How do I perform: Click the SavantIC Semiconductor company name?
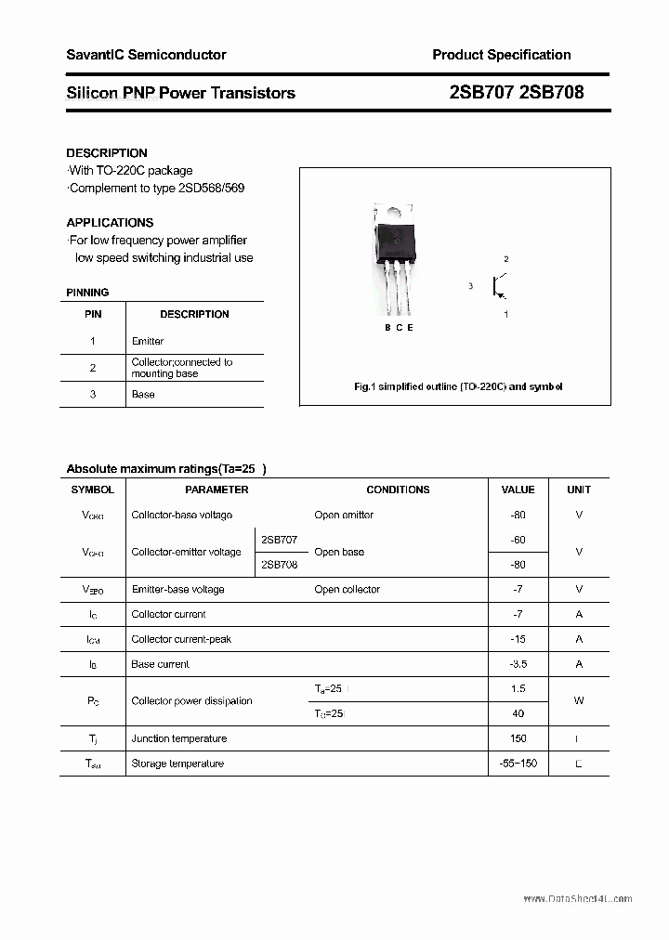coord(146,55)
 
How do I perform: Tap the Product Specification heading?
coord(501,55)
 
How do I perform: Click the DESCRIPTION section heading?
coord(107,152)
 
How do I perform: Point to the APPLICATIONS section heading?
coord(110,223)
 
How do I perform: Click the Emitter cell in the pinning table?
coord(148,341)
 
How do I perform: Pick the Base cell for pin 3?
coord(143,394)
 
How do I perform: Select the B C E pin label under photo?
coord(399,328)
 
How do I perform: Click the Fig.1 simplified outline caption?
coord(458,386)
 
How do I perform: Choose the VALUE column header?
coord(518,490)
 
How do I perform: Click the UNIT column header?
coord(579,490)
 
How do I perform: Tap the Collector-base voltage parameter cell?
coord(181,515)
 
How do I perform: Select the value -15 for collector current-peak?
coord(518,639)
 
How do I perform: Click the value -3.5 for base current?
coord(518,664)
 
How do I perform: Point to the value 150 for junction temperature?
coord(518,738)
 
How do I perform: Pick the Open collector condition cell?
coord(347,589)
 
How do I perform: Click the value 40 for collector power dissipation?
coord(518,713)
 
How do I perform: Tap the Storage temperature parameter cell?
coord(177,764)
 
